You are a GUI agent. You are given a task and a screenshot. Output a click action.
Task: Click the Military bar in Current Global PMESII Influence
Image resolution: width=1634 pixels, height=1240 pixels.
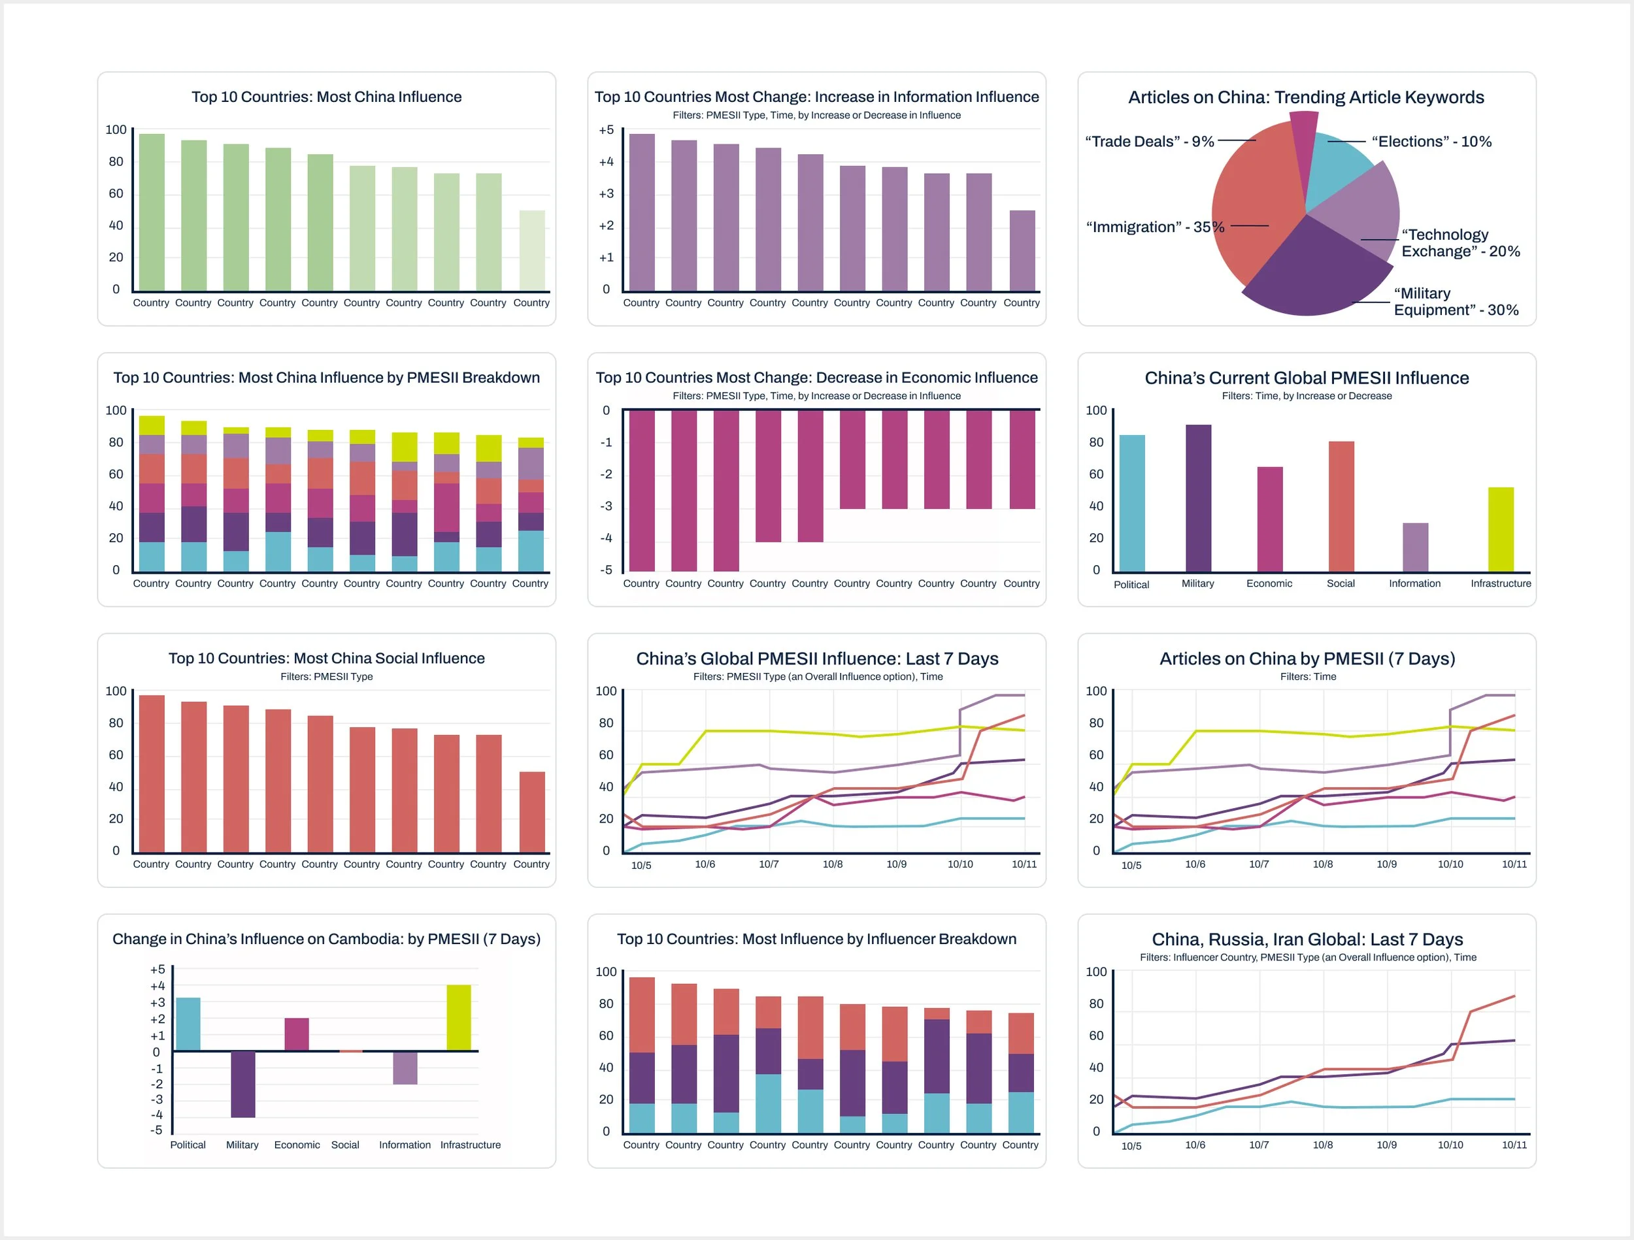coord(1197,498)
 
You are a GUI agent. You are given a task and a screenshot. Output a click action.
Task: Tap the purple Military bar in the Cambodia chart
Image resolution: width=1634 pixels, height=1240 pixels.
coord(242,1083)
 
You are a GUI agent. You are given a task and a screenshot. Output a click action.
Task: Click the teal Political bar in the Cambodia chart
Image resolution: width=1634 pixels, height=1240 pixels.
coord(188,1024)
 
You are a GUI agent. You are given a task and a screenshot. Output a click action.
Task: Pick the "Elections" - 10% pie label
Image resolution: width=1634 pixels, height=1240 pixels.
coord(1431,141)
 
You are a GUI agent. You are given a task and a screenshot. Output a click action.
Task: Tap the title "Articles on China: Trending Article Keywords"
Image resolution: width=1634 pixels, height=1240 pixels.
coord(1305,97)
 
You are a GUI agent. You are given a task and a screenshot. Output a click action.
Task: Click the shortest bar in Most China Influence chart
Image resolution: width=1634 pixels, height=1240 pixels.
coord(532,250)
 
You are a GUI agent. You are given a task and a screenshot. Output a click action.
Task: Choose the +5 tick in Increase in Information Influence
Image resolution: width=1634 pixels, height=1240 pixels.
coord(606,130)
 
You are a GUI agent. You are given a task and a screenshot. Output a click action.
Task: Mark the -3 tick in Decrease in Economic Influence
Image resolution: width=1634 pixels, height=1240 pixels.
coord(606,506)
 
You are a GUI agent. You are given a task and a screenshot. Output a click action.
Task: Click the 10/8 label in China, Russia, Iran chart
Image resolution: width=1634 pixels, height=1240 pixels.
coord(1322,1145)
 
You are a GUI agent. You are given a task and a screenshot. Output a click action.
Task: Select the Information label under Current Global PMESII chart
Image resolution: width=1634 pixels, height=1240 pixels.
coord(1414,583)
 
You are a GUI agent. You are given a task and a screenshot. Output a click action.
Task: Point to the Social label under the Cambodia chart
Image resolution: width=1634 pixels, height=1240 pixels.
coord(345,1145)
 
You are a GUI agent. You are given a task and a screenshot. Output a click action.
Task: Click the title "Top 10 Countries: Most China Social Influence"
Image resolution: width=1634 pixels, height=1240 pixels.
coord(327,658)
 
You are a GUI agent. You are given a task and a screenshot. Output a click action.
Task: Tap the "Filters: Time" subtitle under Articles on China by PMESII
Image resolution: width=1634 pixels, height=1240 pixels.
coord(1307,676)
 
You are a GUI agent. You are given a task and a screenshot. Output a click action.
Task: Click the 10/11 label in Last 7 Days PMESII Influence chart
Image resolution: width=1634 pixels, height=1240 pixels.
coord(1024,864)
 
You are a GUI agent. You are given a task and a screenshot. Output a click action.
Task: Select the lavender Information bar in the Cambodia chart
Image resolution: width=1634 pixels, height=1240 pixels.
coord(405,1067)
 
